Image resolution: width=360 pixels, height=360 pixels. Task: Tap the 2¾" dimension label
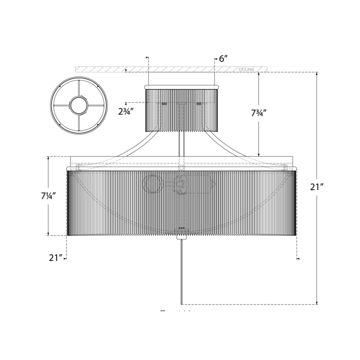pyautogui.click(x=126, y=111)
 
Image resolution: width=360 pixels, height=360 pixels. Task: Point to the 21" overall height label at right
pyautogui.click(x=317, y=187)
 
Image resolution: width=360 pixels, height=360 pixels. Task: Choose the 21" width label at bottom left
pyautogui.click(x=56, y=258)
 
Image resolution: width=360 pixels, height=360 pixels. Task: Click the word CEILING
pyautogui.click(x=246, y=69)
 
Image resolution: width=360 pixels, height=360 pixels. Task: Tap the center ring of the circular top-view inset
pyautogui.click(x=79, y=105)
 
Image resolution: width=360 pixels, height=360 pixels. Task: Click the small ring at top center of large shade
pyautogui.click(x=181, y=168)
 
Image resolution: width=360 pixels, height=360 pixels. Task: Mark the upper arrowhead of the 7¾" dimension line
pyautogui.click(x=259, y=74)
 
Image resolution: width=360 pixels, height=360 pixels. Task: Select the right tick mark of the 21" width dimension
pyautogui.click(x=298, y=259)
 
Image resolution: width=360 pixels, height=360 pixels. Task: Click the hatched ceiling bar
pyautogui.click(x=170, y=69)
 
